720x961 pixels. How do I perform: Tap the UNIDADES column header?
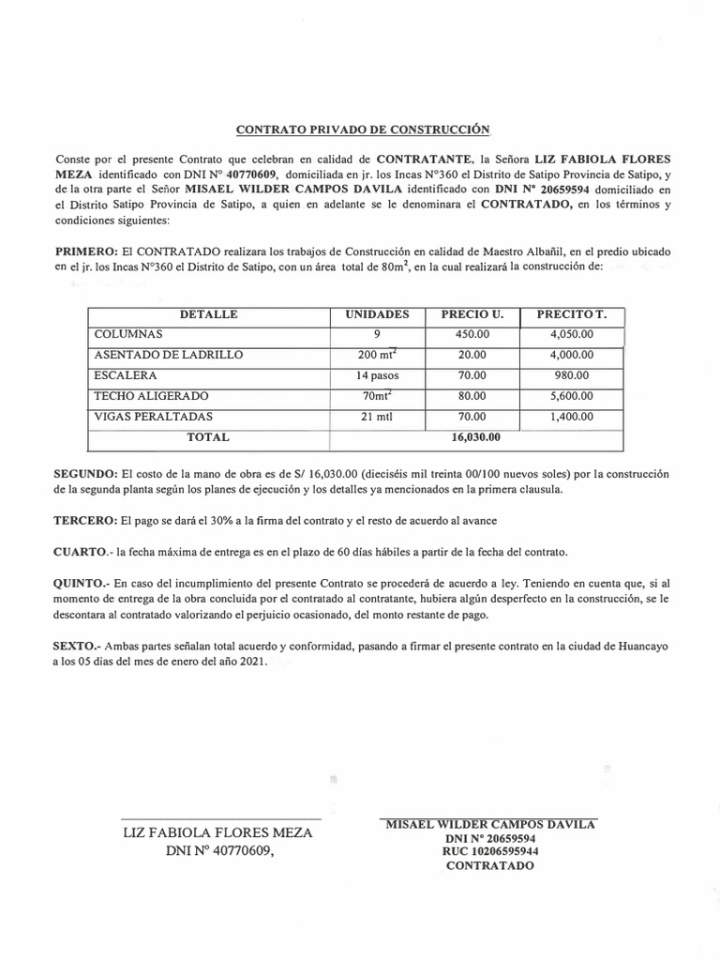377,315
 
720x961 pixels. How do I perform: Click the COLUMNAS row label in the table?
128,334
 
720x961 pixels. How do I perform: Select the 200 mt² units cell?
377,355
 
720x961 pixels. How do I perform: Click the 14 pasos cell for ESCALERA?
377,375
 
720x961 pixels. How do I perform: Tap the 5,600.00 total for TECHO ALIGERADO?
571,396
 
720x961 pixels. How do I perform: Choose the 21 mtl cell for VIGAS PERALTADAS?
377,417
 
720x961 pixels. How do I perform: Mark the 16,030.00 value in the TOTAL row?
476,437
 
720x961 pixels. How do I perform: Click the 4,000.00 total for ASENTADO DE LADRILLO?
571,355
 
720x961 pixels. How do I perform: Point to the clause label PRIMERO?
86,252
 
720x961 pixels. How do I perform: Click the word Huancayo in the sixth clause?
640,648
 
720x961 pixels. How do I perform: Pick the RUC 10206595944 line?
490,852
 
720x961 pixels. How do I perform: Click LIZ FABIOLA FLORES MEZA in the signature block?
219,833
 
